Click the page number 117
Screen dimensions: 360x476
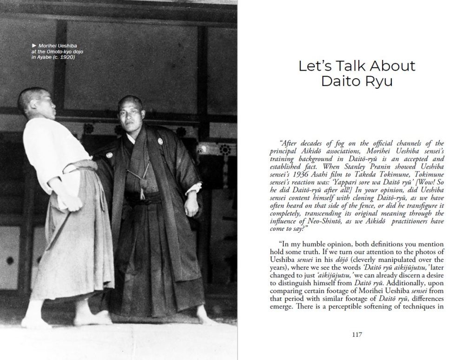tap(357, 334)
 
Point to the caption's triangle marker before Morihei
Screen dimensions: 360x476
tap(33, 46)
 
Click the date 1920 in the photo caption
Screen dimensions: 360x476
tap(66, 57)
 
